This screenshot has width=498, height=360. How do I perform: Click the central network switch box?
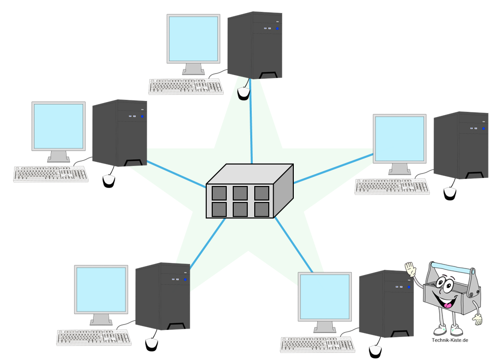pos(249,192)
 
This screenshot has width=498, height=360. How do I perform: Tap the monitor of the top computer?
pos(193,39)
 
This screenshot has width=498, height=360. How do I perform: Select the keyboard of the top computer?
pos(186,86)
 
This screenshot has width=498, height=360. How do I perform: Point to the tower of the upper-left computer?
pos(120,132)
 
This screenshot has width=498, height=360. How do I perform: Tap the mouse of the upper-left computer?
pos(109,181)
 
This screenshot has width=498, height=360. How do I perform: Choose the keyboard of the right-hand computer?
pos(392,186)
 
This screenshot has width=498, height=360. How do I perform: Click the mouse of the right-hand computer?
pos(450,193)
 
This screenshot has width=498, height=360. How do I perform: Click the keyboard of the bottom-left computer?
pos(94,337)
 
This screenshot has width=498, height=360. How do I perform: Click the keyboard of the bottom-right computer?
pos(317,344)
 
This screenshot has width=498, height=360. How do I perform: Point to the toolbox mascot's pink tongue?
pos(449,304)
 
